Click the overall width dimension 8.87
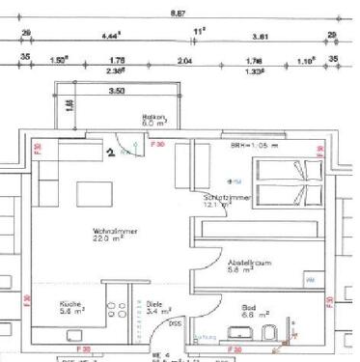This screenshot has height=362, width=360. coord(178,14)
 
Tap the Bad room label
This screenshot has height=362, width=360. coord(249,310)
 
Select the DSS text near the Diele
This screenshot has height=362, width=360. coord(176,322)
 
